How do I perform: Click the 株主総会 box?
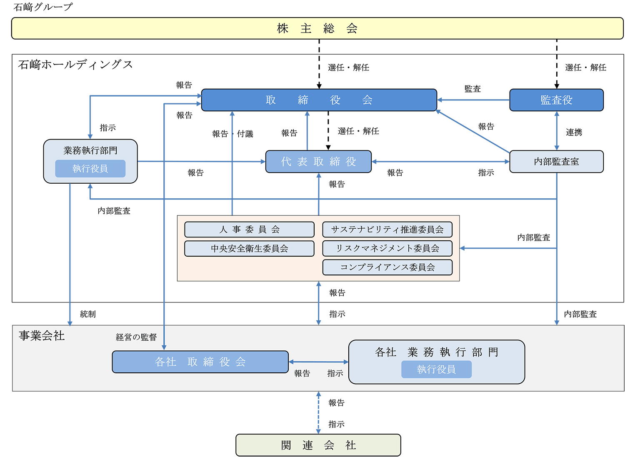click(x=317, y=28)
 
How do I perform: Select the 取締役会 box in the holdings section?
click(x=319, y=100)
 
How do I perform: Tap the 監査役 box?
click(x=556, y=100)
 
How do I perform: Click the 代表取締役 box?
click(x=318, y=162)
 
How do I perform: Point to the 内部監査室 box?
click(x=556, y=162)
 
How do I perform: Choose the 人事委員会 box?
click(x=249, y=230)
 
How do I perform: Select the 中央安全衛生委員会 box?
click(x=249, y=249)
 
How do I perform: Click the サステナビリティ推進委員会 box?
click(x=387, y=230)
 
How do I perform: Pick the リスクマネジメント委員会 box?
click(x=387, y=249)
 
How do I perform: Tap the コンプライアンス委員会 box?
click(x=387, y=267)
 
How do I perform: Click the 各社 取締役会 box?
click(x=200, y=362)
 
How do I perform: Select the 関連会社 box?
click(x=318, y=445)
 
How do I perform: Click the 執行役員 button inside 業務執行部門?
click(x=90, y=169)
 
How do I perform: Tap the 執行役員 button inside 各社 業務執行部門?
click(x=436, y=370)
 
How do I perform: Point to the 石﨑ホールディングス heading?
click(x=75, y=65)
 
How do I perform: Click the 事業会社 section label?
click(x=42, y=336)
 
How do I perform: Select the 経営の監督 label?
click(x=136, y=337)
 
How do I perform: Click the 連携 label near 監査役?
click(x=574, y=132)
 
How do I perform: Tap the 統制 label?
click(x=87, y=314)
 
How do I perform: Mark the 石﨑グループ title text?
click(x=43, y=7)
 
